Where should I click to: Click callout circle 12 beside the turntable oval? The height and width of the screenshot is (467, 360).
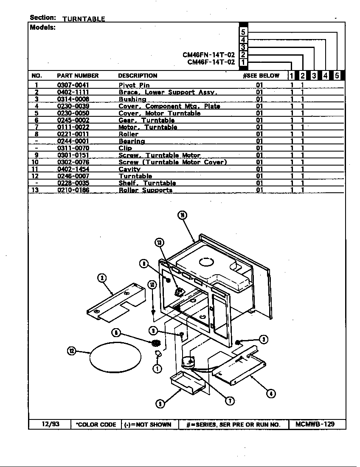[71, 351]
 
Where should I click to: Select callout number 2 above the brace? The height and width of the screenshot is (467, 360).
[102, 278]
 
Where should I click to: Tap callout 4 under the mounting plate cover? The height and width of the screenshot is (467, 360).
[271, 393]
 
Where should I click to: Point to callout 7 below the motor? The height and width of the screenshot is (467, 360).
[230, 400]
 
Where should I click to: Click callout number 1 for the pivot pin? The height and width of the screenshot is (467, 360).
[157, 369]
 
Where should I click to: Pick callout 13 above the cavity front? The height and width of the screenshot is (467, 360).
[159, 242]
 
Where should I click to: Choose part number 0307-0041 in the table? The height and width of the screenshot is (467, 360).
[73, 85]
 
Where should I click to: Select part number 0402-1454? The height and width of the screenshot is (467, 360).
[73, 169]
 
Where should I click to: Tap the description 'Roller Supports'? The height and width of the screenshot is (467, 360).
[145, 190]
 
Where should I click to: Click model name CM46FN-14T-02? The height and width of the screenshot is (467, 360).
[208, 55]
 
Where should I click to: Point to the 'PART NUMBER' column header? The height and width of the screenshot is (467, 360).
[78, 76]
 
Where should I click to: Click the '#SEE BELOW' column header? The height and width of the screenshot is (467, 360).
[261, 76]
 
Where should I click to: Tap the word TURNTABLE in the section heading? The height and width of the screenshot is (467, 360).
[84, 19]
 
